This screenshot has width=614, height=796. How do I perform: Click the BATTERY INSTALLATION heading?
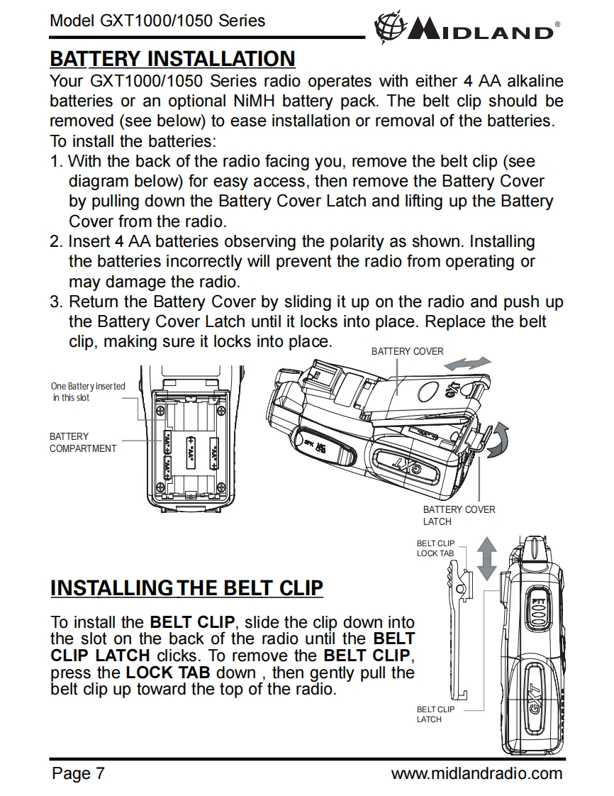pyautogui.click(x=172, y=58)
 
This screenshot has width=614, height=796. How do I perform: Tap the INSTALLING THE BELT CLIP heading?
pyautogui.click(x=187, y=588)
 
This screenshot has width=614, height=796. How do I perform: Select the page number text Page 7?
pyautogui.click(x=78, y=773)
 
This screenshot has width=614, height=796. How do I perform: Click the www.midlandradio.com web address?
pyautogui.click(x=476, y=773)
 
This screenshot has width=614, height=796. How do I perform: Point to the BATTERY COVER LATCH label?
pyautogui.click(x=459, y=515)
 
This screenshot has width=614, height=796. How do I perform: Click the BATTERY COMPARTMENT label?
pyautogui.click(x=82, y=442)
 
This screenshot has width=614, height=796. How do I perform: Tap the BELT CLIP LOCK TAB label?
pyautogui.click(x=435, y=548)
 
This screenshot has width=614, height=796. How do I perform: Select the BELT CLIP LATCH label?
pyautogui.click(x=435, y=714)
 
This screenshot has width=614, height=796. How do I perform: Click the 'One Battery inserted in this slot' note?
pyautogui.click(x=87, y=392)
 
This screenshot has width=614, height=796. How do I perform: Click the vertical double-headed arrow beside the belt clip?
pyautogui.click(x=486, y=558)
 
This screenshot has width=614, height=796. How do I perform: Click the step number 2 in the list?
pyautogui.click(x=56, y=242)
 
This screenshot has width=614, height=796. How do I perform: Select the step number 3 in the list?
pyautogui.click(x=56, y=302)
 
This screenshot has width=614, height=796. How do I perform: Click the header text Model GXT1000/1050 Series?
pyautogui.click(x=157, y=21)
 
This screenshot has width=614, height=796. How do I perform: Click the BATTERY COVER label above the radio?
pyautogui.click(x=407, y=351)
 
